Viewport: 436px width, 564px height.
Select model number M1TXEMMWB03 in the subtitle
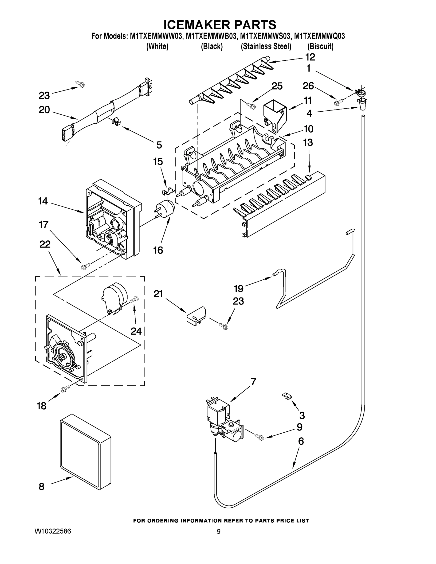pyautogui.click(x=212, y=36)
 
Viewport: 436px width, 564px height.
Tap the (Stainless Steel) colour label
pyautogui.click(x=266, y=47)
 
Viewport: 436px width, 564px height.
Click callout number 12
pyautogui.click(x=310, y=57)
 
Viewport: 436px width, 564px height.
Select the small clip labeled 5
pyautogui.click(x=117, y=121)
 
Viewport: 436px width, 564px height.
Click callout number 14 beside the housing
pyautogui.click(x=43, y=201)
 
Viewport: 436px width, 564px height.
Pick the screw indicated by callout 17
pyautogui.click(x=86, y=266)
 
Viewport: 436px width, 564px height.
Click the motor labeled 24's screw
pyautogui.click(x=135, y=300)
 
